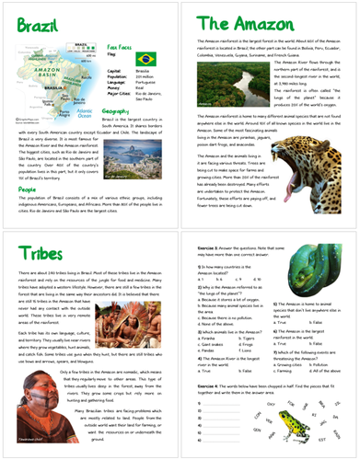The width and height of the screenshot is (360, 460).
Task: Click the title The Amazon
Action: (x=240, y=24)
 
